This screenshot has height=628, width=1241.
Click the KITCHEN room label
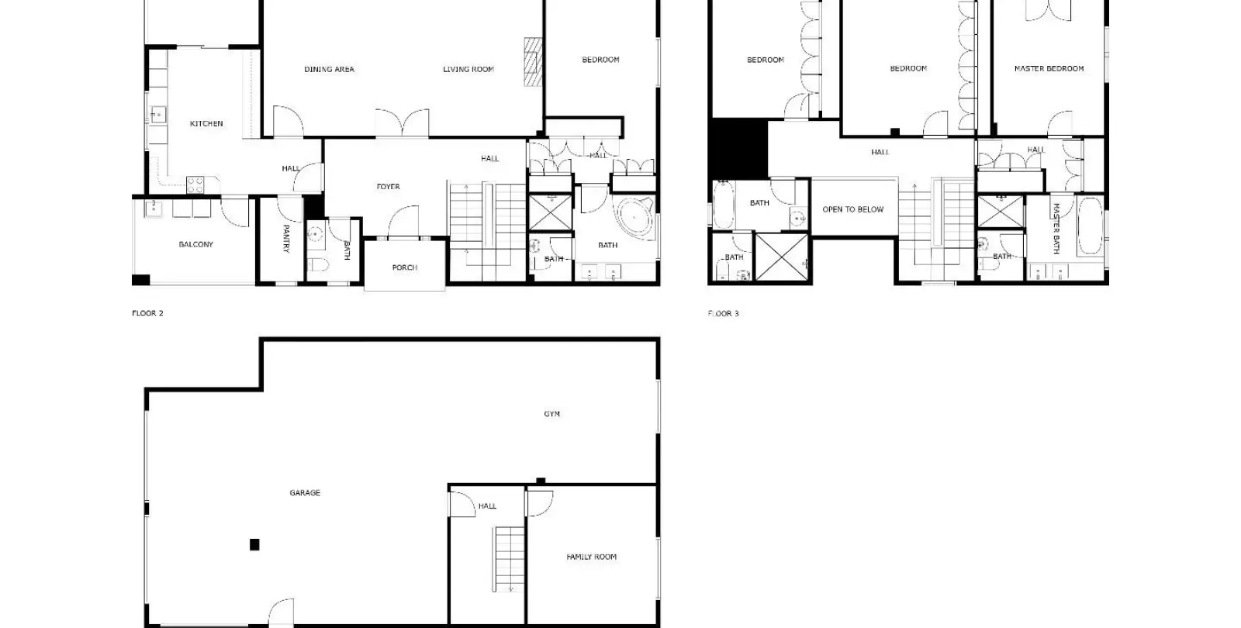pyautogui.click(x=206, y=123)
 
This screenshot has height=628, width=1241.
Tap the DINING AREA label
pyautogui.click(x=329, y=69)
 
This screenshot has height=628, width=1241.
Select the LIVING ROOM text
pyautogui.click(x=468, y=69)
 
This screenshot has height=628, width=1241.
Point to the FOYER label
pyautogui.click(x=388, y=187)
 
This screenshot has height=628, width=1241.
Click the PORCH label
pyautogui.click(x=404, y=267)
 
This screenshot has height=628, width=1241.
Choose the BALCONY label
pyautogui.click(x=195, y=244)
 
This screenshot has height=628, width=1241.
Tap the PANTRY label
pyautogui.click(x=286, y=238)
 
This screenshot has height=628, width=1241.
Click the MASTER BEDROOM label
pyautogui.click(x=1049, y=69)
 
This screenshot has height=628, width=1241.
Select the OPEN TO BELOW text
pyautogui.click(x=852, y=209)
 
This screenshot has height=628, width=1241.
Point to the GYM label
pyautogui.click(x=551, y=414)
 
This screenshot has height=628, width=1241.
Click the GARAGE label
pyautogui.click(x=305, y=493)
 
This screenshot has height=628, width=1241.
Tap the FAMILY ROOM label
pyautogui.click(x=591, y=557)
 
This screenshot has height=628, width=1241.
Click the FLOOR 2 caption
pyautogui.click(x=147, y=313)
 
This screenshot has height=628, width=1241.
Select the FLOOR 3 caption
pyautogui.click(x=723, y=313)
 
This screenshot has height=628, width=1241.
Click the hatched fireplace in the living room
pyautogui.click(x=533, y=61)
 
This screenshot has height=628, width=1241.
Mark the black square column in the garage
pyautogui.click(x=254, y=545)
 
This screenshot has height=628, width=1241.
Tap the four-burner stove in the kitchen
pyautogui.click(x=195, y=185)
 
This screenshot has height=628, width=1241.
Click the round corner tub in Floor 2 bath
pyautogui.click(x=635, y=218)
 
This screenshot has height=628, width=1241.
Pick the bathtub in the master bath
pyautogui.click(x=1091, y=226)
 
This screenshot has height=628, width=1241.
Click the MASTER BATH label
pyautogui.click(x=1056, y=228)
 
